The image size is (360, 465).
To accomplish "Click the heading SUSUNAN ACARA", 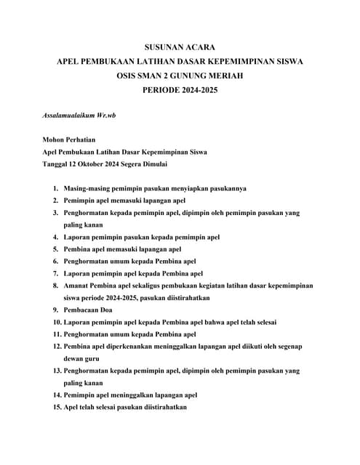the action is point(180,46).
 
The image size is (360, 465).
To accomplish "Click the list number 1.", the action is point(55,188).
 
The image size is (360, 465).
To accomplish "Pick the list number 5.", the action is point(55,249).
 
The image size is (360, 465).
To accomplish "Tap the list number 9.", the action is point(55,310).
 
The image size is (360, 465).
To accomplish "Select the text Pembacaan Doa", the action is point(89,310).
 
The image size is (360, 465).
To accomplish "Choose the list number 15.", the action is point(54,408).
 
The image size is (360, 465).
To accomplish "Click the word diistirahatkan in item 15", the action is point(164,408).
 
